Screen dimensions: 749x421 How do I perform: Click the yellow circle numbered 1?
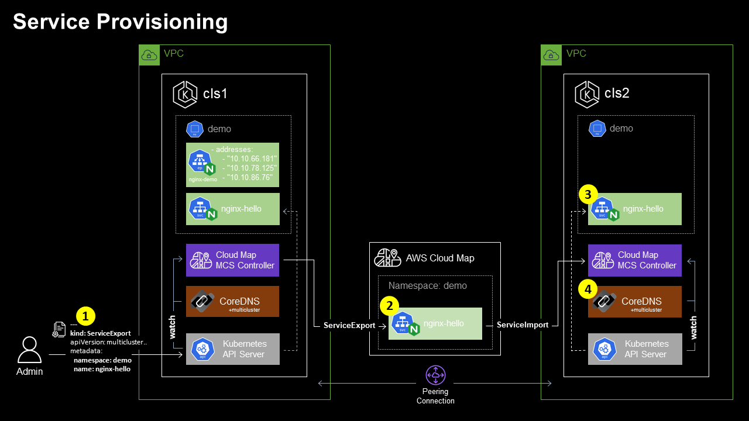pyautogui.click(x=85, y=316)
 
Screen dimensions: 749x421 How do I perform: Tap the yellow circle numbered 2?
pyautogui.click(x=390, y=306)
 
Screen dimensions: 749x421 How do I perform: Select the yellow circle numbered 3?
pyautogui.click(x=588, y=195)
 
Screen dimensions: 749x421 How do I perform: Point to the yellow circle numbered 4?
pyautogui.click(x=588, y=289)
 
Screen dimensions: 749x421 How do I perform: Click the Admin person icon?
pyautogui.click(x=29, y=350)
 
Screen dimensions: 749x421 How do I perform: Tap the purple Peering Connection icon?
pyautogui.click(x=435, y=375)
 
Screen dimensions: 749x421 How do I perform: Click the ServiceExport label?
pyautogui.click(x=349, y=326)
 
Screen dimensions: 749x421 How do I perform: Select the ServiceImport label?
pyautogui.click(x=523, y=325)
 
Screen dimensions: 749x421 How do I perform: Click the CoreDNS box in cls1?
pyautogui.click(x=232, y=301)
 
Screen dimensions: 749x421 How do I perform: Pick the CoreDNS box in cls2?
pyautogui.click(x=635, y=301)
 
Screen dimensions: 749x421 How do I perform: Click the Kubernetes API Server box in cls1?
pyautogui.click(x=233, y=349)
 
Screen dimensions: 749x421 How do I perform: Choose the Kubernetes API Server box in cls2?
pyautogui.click(x=635, y=349)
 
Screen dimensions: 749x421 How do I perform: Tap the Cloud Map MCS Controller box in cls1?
pyautogui.click(x=232, y=260)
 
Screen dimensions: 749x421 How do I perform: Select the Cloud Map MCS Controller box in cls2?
pyautogui.click(x=635, y=260)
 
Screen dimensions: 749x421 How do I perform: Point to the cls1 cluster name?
pyautogui.click(x=215, y=94)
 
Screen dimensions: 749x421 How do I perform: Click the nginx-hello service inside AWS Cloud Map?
pyautogui.click(x=435, y=323)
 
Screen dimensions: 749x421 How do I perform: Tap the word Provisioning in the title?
pyautogui.click(x=162, y=22)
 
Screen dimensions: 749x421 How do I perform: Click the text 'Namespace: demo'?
pyautogui.click(x=427, y=286)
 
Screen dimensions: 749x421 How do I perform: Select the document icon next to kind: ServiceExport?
pyautogui.click(x=59, y=330)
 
